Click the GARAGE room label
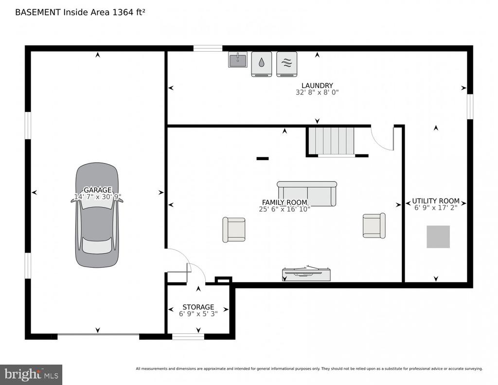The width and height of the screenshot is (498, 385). coord(97,190)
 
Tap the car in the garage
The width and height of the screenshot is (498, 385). coord(97,215)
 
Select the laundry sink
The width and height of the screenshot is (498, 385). coord(237,59)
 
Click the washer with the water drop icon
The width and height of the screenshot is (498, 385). coord(261,64)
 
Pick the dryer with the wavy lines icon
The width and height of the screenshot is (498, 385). coord(287,64)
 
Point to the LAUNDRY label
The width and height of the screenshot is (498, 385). coord(317,86)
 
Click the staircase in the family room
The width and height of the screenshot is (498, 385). coord(332,141)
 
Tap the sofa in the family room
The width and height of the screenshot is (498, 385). coord(307,194)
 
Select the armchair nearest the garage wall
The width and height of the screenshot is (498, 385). coord(234,230)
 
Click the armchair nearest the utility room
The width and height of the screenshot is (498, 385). coord(374,225)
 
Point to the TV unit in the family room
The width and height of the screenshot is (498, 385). coord(306,275)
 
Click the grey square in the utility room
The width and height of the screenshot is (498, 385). coord(438,237)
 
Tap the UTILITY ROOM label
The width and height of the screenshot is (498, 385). coord(436,201)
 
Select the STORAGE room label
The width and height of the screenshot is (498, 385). coord(198,307)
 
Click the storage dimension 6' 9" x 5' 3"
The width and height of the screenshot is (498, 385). coord(198,314)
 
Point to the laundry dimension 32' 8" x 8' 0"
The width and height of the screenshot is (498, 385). coord(317,92)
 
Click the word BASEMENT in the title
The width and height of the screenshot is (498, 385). coord(38,12)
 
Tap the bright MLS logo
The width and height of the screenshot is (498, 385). coord(31,375)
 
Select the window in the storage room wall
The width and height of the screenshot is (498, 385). coord(188,336)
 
